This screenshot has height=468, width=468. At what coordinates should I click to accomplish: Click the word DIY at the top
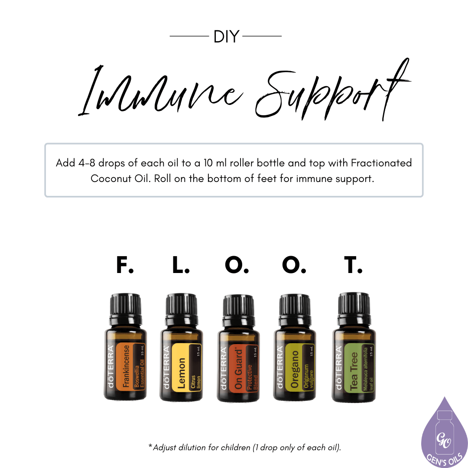[226, 37]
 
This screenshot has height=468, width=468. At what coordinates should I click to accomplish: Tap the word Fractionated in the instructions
[381, 163]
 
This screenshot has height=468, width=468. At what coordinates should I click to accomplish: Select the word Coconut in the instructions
[109, 179]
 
